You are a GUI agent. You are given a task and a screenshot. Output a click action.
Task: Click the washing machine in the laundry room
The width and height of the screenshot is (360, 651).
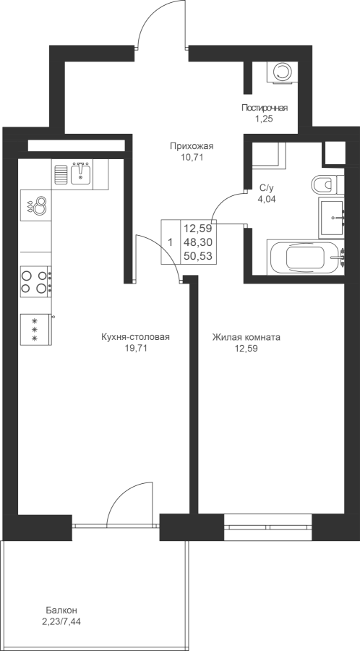click(x=282, y=72)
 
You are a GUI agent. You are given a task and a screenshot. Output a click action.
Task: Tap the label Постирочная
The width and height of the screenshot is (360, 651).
click(x=265, y=109)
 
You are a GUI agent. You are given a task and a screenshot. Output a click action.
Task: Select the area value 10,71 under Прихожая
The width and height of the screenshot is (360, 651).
click(x=192, y=157)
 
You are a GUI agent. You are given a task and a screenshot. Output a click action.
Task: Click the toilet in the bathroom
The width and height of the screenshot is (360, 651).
click(x=327, y=184)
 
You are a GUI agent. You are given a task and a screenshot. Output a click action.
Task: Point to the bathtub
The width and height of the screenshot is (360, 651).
click(x=305, y=258)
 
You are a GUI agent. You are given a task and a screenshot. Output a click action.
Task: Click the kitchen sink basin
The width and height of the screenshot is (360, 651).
click(x=82, y=174)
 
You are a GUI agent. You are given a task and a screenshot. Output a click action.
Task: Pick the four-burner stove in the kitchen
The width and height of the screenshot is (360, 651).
click(x=36, y=281)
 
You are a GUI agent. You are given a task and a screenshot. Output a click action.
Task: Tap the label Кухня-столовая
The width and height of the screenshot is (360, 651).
click(x=136, y=337)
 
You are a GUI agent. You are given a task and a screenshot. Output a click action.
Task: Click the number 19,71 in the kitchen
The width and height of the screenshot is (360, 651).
click(x=136, y=349)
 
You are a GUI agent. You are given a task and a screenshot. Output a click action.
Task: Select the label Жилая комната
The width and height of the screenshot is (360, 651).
click(x=246, y=337)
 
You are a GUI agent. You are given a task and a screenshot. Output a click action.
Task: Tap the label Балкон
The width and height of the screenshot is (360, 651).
click(x=61, y=610)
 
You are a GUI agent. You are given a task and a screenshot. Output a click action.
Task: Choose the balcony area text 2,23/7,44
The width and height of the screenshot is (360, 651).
click(x=61, y=622)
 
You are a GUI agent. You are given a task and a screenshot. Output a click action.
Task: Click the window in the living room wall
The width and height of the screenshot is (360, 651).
click(x=268, y=527)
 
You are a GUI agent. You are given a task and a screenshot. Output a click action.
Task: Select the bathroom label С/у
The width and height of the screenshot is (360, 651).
click(x=266, y=187)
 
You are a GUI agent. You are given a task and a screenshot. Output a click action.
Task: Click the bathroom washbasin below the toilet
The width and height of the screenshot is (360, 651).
click(x=331, y=218)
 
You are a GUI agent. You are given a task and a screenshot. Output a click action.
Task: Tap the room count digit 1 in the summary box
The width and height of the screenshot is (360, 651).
click(x=170, y=242)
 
